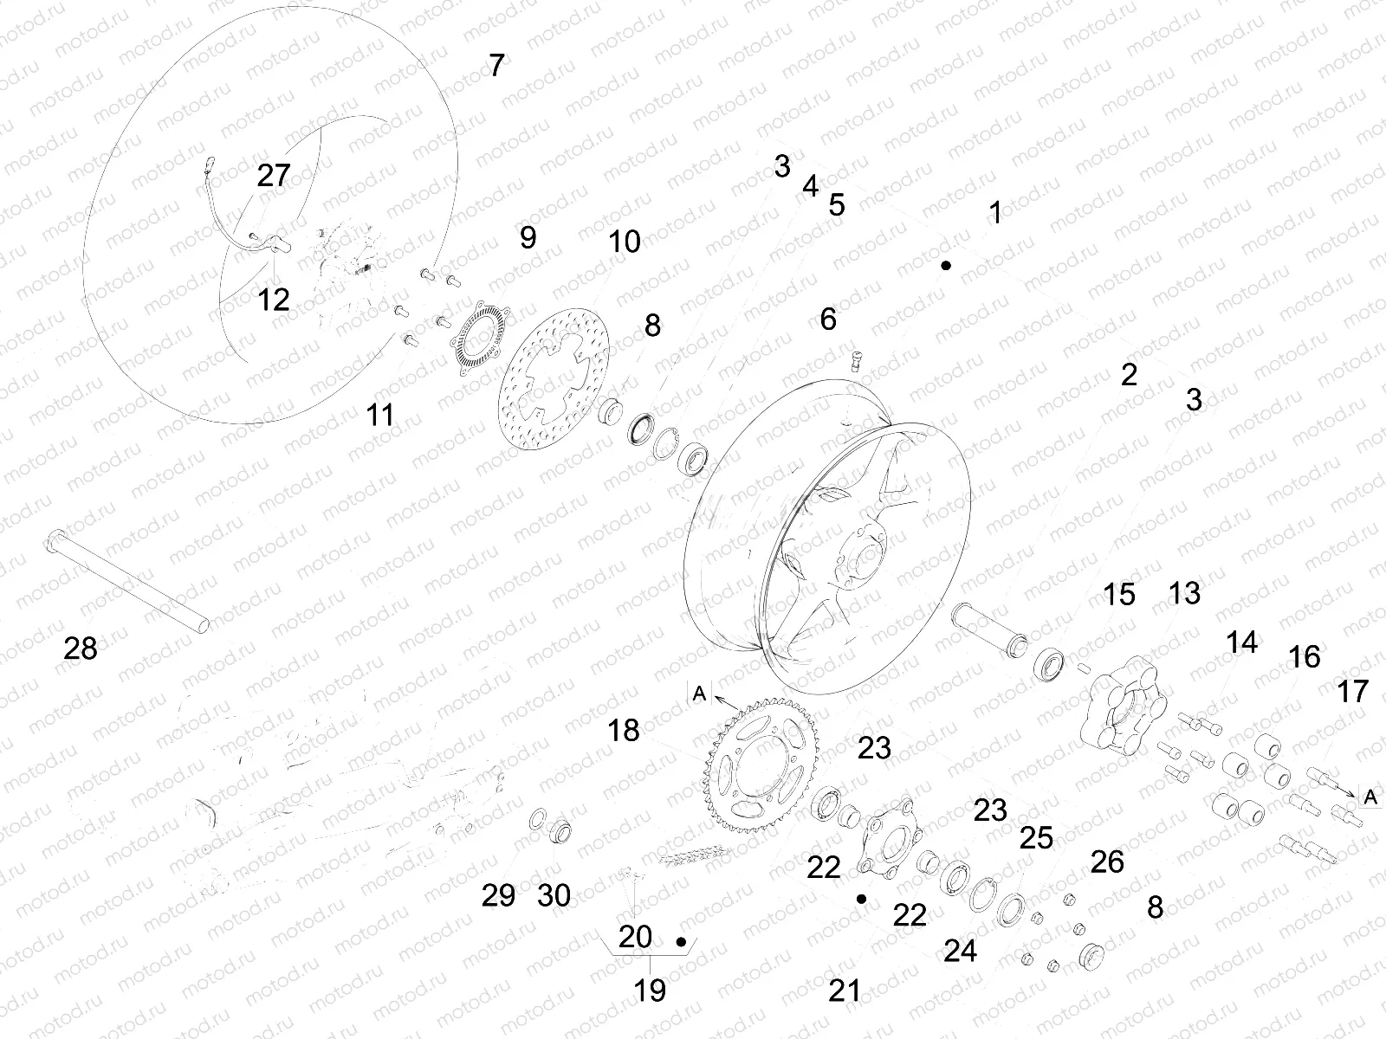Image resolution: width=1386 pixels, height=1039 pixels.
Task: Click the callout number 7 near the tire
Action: pos(497,66)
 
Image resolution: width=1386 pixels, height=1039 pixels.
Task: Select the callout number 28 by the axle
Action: pos(81,649)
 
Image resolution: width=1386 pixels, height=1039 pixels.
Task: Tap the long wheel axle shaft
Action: pos(127,580)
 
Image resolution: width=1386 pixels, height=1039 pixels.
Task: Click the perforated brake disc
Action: pos(554,378)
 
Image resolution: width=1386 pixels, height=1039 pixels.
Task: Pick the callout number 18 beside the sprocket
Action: pos(623,731)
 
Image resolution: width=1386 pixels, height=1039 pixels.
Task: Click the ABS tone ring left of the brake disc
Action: pos(479,339)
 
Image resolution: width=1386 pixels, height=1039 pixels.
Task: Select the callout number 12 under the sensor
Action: pos(274,300)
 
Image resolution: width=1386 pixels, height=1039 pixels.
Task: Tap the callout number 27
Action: pos(274,176)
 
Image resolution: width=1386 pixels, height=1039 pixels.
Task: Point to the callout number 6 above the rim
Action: pos(828,319)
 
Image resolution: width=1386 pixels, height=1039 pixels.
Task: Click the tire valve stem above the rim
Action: pos(857,361)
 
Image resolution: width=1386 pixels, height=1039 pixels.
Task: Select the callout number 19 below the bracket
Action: pos(650,991)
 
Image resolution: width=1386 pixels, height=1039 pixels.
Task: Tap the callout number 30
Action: pos(554,896)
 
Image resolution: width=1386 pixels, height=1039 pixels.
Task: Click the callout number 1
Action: pos(996,213)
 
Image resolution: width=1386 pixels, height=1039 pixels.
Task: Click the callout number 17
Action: pos(1352,692)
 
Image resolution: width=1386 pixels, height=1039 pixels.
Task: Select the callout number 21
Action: pos(845,991)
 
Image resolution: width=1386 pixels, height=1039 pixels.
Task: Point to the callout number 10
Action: pos(625,242)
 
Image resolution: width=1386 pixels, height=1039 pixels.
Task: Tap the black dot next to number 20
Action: pos(681,942)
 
